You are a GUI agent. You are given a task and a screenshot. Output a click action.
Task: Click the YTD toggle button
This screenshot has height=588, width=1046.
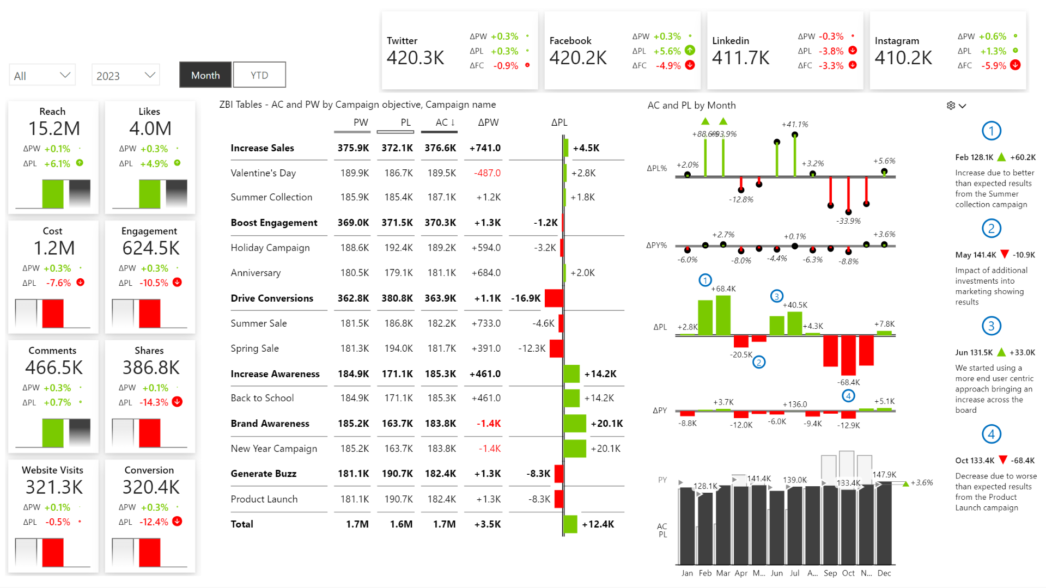[259, 75]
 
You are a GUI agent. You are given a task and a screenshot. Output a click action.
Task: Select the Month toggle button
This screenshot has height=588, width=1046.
[205, 75]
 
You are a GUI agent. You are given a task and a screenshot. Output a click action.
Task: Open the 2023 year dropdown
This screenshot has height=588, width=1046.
[126, 76]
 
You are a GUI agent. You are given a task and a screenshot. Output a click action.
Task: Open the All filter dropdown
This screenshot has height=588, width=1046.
[42, 76]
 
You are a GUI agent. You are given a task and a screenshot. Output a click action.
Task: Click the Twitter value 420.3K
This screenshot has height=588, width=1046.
[415, 58]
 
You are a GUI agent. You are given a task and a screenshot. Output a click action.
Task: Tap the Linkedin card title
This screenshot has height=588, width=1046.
[730, 41]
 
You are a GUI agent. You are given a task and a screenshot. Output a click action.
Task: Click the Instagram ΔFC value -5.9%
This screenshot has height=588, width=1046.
[993, 66]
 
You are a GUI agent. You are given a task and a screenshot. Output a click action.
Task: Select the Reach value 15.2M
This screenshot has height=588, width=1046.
[54, 128]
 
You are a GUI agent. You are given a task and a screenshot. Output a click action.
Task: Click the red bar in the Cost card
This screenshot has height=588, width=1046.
[53, 313]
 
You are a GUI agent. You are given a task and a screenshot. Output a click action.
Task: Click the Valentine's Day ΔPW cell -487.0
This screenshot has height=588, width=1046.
[487, 173]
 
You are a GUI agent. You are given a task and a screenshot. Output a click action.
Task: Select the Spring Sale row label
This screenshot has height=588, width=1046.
[254, 348]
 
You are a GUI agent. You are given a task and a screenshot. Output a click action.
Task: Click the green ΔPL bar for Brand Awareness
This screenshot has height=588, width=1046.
[575, 424]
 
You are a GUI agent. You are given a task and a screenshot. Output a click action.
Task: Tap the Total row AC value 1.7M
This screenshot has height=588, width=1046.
[444, 524]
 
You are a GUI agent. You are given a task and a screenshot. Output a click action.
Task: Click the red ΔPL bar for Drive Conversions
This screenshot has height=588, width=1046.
[554, 298]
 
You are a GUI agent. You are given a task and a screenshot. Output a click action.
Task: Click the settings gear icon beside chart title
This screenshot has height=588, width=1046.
[951, 106]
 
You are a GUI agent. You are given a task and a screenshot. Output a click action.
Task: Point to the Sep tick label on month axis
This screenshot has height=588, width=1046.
[830, 573]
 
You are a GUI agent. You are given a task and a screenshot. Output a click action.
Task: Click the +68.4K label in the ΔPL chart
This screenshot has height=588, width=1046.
[723, 289]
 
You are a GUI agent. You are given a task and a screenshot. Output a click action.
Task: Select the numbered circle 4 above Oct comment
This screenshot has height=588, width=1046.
[991, 434]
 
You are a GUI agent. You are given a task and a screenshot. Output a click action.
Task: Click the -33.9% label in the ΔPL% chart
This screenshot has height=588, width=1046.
[848, 221]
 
